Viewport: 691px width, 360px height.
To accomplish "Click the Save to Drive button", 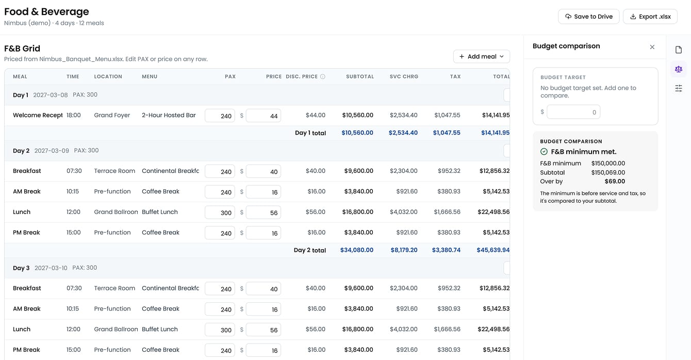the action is click(x=588, y=17).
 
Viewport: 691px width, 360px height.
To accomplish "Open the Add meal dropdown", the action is click(x=481, y=56).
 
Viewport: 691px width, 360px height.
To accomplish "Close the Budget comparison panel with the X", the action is click(x=652, y=47).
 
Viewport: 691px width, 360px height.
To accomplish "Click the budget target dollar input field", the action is click(x=573, y=112).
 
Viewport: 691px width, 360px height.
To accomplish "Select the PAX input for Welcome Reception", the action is click(x=220, y=116).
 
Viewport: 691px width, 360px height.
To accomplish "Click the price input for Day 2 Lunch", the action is click(x=263, y=212).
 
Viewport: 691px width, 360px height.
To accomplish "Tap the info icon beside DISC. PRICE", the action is click(x=323, y=76).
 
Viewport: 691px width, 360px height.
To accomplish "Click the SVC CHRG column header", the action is click(x=404, y=76).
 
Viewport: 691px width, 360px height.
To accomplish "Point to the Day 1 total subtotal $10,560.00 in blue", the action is click(x=357, y=133).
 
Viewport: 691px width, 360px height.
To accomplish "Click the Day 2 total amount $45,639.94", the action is click(x=493, y=250).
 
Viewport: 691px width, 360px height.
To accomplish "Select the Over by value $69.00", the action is click(x=615, y=182).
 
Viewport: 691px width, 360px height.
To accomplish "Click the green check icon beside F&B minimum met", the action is click(x=544, y=152).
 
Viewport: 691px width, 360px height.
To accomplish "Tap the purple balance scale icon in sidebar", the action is click(x=678, y=69).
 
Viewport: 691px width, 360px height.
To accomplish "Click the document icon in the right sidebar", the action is click(x=678, y=50).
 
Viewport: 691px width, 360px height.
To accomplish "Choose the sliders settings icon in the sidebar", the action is click(x=678, y=89).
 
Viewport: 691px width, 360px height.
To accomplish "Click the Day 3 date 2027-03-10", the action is click(x=51, y=268).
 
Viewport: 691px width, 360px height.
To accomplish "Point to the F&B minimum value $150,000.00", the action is click(x=608, y=163).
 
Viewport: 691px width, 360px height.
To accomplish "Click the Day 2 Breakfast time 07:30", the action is click(x=74, y=171).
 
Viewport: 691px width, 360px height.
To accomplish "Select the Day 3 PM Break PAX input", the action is click(x=220, y=350).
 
